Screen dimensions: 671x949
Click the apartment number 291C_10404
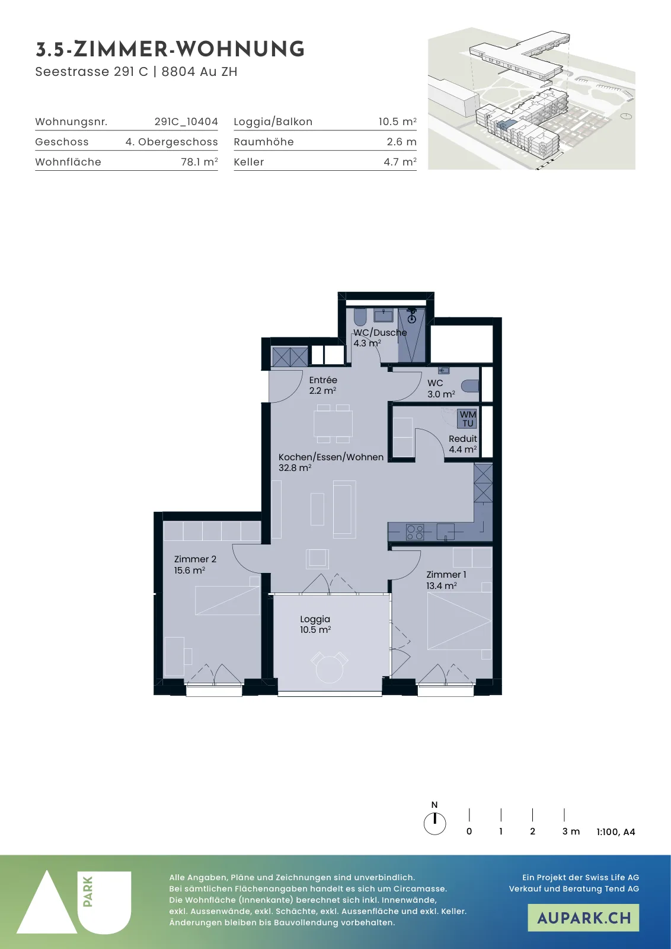click(x=186, y=122)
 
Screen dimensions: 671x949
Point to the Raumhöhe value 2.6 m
click(x=401, y=142)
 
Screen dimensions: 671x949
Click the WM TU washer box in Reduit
click(x=467, y=419)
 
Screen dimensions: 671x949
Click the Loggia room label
click(x=315, y=619)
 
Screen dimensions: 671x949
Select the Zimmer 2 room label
click(x=195, y=559)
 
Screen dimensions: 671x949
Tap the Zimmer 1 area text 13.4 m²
click(x=442, y=585)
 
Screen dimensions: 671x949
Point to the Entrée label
click(x=323, y=380)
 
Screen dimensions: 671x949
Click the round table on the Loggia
click(x=330, y=669)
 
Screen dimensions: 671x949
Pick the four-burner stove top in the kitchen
click(x=415, y=531)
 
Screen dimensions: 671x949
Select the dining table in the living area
click(x=333, y=423)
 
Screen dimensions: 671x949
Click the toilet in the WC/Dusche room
click(x=360, y=316)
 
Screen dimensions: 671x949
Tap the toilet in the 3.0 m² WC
click(x=470, y=386)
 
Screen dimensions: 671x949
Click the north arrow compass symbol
click(x=434, y=824)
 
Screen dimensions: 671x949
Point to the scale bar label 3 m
click(x=571, y=831)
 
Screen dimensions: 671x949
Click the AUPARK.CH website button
click(x=583, y=918)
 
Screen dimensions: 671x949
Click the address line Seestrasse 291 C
click(x=91, y=72)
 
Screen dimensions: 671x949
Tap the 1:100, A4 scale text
click(x=616, y=832)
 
